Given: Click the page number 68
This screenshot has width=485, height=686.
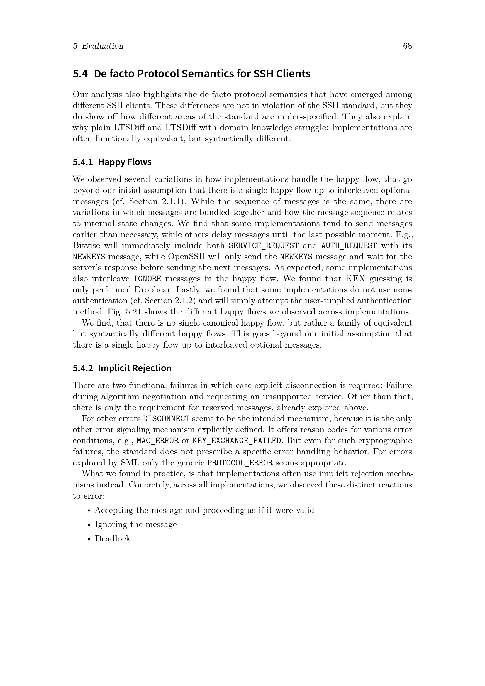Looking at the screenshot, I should [x=407, y=46].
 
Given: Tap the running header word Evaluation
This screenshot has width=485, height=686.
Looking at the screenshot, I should [x=102, y=46].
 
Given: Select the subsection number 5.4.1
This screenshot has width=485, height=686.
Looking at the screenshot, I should [x=83, y=162].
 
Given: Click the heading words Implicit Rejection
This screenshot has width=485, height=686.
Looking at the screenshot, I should [x=135, y=368].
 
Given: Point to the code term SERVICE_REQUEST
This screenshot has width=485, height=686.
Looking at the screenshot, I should [x=264, y=245].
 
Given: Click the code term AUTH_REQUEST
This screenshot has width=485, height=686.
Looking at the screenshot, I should [x=349, y=245].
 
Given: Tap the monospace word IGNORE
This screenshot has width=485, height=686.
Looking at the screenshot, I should [x=147, y=279].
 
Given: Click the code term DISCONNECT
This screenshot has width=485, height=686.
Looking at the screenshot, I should [x=166, y=419].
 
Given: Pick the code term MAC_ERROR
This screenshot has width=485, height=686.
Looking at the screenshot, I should [x=157, y=441].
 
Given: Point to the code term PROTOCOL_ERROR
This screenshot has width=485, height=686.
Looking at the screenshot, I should [x=240, y=463].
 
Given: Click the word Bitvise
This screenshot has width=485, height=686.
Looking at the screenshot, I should [x=86, y=245].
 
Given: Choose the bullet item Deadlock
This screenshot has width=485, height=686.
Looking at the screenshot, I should [x=113, y=539].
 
